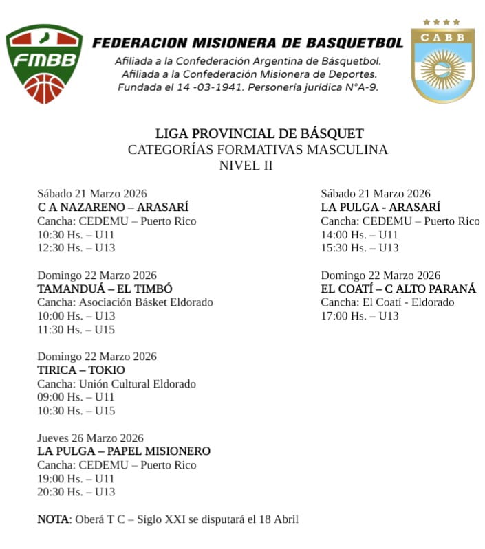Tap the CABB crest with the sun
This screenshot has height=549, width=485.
coord(442,62)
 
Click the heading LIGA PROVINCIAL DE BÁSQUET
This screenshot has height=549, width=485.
coord(259,134)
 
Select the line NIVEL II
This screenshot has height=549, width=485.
coord(246,165)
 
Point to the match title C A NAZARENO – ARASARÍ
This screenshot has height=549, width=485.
coord(113,208)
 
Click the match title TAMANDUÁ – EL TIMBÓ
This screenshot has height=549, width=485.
coord(105,289)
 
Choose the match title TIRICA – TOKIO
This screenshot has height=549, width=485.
coord(81,370)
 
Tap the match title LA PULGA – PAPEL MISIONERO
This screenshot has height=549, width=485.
coord(124,451)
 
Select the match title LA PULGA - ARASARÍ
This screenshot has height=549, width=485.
coord(380,208)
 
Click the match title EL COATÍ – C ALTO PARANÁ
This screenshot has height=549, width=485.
coord(398,289)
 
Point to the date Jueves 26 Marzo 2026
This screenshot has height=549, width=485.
coord(90,438)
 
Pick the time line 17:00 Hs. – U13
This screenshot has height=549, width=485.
coord(360,316)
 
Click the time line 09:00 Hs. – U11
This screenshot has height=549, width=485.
coord(76,397)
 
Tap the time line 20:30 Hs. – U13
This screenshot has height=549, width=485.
coord(76,492)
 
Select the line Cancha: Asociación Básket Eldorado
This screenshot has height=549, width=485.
coord(125,302)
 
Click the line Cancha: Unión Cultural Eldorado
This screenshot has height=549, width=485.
coord(116,384)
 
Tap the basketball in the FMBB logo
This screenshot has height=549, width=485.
coord(44,87)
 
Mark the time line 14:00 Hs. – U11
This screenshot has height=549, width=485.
coord(359,234)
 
